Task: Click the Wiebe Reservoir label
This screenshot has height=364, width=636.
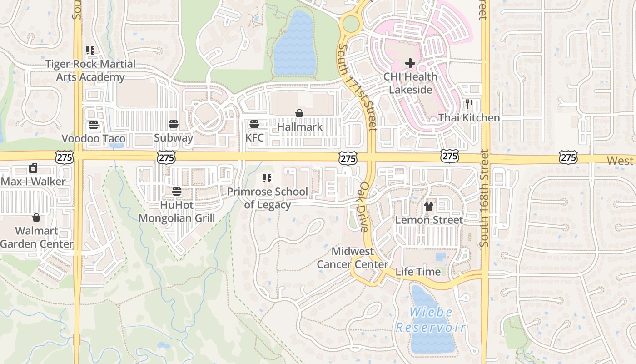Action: tap(431, 320)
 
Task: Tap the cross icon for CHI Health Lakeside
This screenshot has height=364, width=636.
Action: tap(410, 63)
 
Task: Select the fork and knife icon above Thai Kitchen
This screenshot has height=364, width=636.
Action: tap(469, 105)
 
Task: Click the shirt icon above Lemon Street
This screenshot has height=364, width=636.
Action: tap(429, 207)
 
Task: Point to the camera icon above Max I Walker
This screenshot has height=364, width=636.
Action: tap(33, 168)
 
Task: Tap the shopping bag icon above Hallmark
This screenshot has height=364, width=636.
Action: tap(299, 113)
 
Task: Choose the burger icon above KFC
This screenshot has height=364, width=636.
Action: tap(254, 124)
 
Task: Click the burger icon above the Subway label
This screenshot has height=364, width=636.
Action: tap(173, 124)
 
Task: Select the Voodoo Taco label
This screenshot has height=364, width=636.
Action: tap(94, 138)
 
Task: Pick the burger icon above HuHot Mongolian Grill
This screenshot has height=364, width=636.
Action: tap(177, 192)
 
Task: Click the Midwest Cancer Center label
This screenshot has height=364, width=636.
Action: tap(353, 258)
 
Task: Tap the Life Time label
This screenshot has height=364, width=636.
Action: tap(418, 272)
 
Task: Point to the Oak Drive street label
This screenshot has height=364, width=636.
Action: tap(365, 207)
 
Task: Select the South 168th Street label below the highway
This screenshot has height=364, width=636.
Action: tap(484, 198)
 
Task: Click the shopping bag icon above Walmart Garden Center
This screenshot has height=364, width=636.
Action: tap(36, 217)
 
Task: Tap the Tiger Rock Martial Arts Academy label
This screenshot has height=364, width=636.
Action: tap(90, 71)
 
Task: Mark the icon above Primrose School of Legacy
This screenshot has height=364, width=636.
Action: tap(267, 178)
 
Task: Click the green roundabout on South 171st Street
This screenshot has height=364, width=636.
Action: tap(351, 23)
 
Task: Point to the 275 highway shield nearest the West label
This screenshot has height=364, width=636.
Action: tap(568, 157)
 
